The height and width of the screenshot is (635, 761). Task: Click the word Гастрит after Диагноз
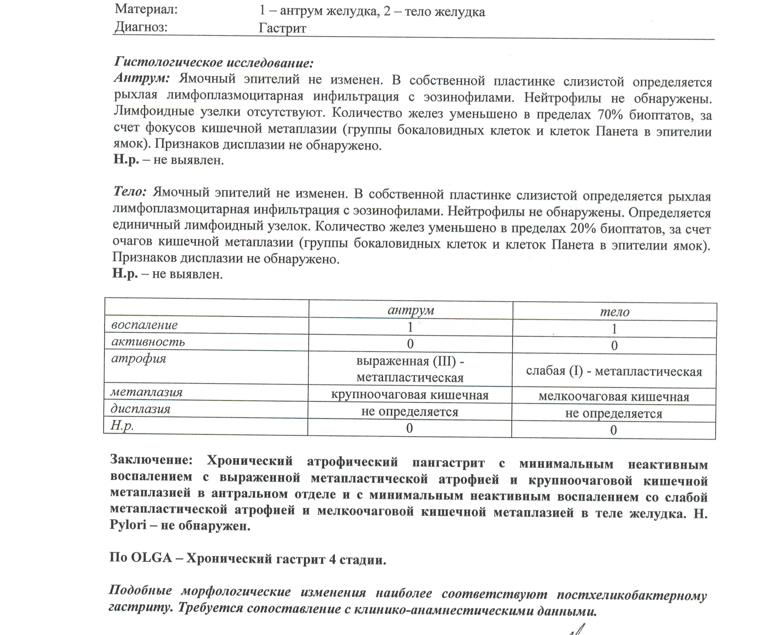pos(282,28)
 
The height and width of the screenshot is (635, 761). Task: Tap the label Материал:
pos(146,9)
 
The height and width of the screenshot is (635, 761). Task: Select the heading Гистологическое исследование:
pos(214,62)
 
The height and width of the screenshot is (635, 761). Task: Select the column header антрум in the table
pos(411,310)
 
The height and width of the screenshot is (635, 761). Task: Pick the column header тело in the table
pos(615,312)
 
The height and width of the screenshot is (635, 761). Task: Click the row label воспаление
pos(145,325)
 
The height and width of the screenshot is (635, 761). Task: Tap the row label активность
pos(148,342)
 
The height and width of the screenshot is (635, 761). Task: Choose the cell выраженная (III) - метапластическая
pos(410,369)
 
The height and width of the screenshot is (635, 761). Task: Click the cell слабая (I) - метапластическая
pos(614,371)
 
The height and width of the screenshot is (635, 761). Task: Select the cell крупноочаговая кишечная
pos(410,395)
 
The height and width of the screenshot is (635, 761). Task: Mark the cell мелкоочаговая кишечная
pos(614,397)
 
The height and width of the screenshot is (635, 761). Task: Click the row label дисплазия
pos(140,409)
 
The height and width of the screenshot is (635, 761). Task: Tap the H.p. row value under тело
pos(613,430)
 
